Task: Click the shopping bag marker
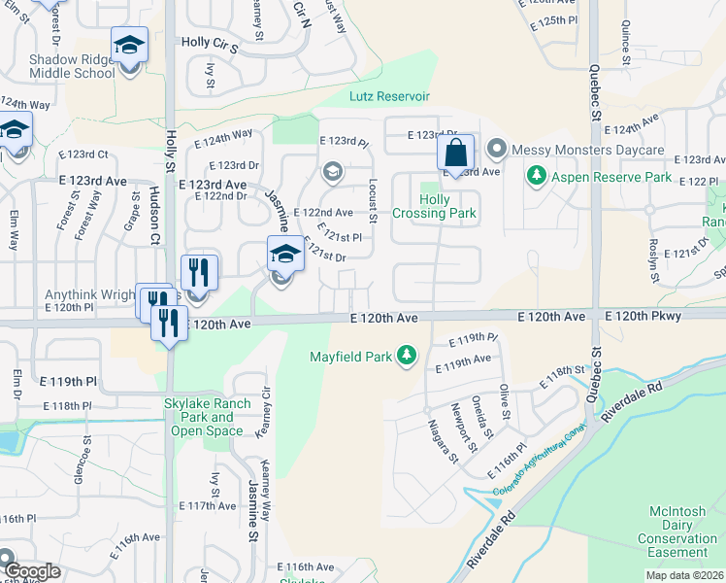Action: click(455, 153)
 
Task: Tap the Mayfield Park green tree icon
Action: click(408, 357)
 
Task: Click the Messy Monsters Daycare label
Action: click(588, 151)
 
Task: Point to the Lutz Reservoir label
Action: click(389, 96)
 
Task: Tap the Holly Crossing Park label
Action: click(434, 206)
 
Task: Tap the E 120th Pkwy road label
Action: click(643, 317)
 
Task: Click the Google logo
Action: click(32, 571)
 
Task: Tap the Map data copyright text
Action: click(684, 575)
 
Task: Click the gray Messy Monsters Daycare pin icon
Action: click(497, 150)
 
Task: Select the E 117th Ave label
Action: click(207, 506)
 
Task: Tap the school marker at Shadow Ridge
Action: click(129, 47)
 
